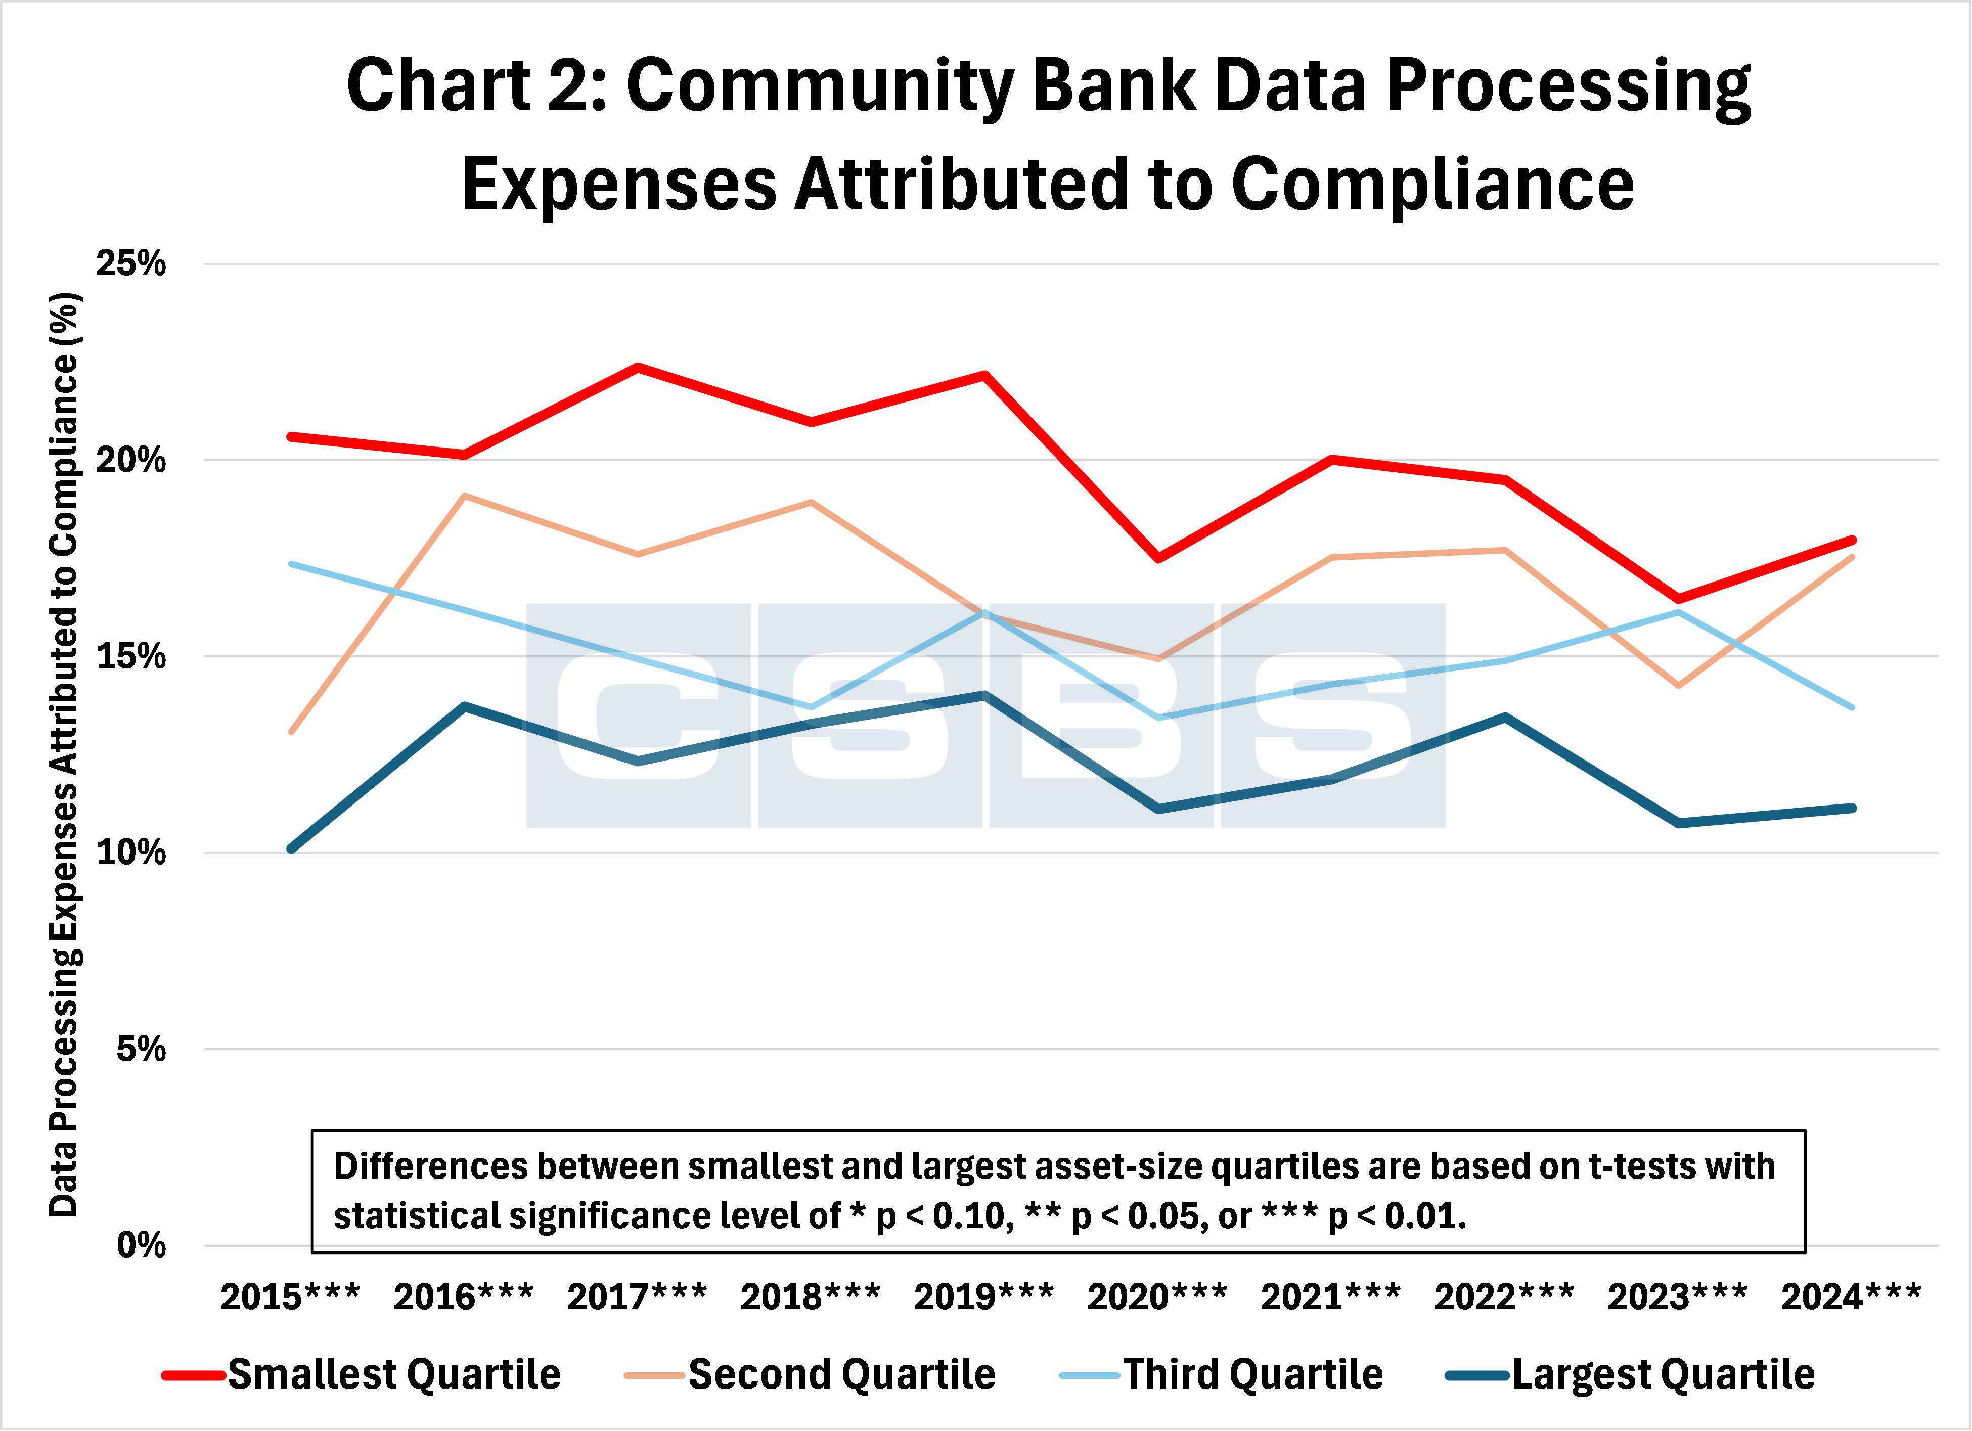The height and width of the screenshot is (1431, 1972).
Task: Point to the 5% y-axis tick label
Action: [x=139, y=1049]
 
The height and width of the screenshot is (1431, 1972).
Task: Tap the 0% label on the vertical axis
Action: [x=139, y=1246]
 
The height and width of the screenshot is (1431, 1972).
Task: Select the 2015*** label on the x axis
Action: [x=290, y=1297]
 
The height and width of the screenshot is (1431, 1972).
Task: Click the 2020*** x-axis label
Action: [x=1156, y=1297]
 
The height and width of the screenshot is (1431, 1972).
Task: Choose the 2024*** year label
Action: [x=1850, y=1297]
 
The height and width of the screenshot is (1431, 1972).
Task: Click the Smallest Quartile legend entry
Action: [x=393, y=1374]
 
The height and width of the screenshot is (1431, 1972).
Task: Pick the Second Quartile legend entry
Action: [x=841, y=1374]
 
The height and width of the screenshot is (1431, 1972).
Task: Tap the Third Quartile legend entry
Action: [x=1252, y=1374]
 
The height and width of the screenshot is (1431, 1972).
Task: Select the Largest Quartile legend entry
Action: [x=1663, y=1374]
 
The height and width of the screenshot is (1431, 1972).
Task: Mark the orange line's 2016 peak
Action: [x=465, y=496]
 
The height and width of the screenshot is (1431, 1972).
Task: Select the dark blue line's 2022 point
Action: [x=1504, y=717]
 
